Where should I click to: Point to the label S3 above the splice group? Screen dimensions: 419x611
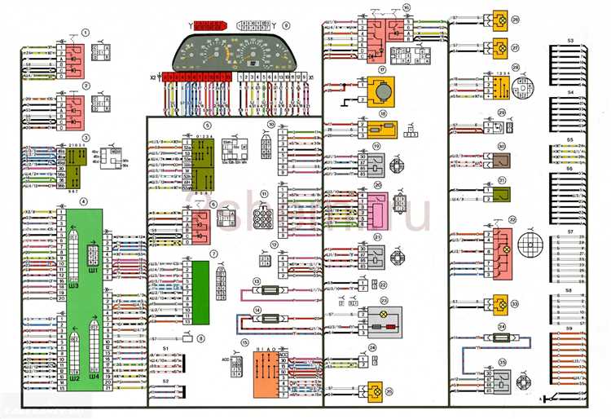click(570, 39)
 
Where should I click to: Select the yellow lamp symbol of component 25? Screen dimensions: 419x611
click(375, 392)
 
